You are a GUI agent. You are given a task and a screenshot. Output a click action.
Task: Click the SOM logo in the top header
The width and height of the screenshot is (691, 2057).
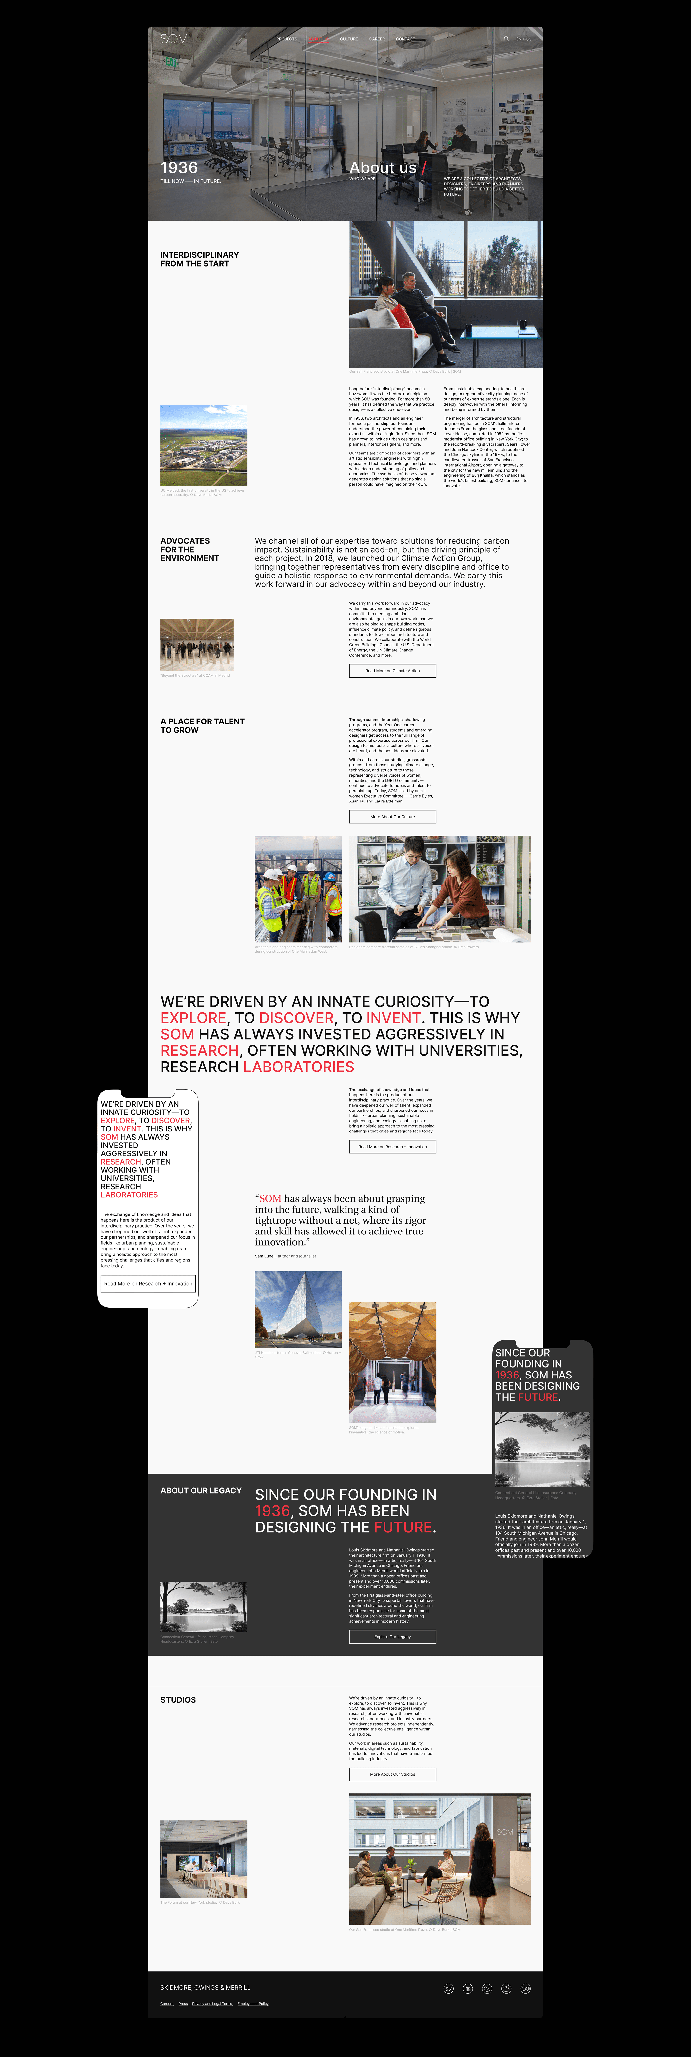point(174,38)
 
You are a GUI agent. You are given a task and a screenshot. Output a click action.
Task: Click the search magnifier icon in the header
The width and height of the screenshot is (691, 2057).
point(506,38)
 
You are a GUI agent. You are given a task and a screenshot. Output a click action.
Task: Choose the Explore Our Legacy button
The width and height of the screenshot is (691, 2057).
point(393,1636)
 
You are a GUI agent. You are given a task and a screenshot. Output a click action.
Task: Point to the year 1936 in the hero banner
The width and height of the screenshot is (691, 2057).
point(179,168)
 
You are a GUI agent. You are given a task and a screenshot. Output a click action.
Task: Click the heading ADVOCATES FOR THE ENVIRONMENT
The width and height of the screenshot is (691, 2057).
point(189,549)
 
